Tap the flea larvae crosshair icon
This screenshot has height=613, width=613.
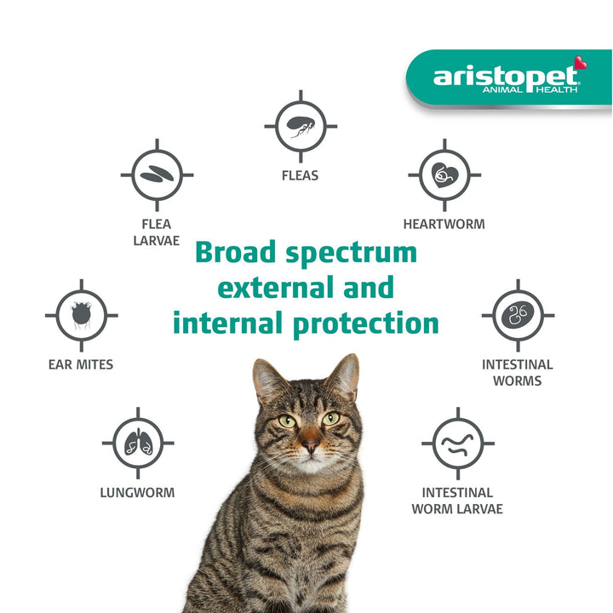pos(157,175)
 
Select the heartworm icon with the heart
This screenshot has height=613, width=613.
pos(444,175)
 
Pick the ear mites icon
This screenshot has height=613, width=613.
pos(82,315)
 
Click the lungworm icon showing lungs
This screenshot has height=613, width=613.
pos(138,443)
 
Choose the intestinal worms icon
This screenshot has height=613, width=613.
pos(518,315)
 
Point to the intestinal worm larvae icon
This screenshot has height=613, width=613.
pos(457,443)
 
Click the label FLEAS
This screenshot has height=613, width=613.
pos(300,176)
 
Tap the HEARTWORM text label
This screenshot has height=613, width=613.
pos(444,225)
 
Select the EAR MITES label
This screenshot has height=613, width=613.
pos(81,365)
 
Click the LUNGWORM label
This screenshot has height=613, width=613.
pos(138,493)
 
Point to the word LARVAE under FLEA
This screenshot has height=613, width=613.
pos(157,241)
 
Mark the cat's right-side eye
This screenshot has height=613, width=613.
pos(331,418)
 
